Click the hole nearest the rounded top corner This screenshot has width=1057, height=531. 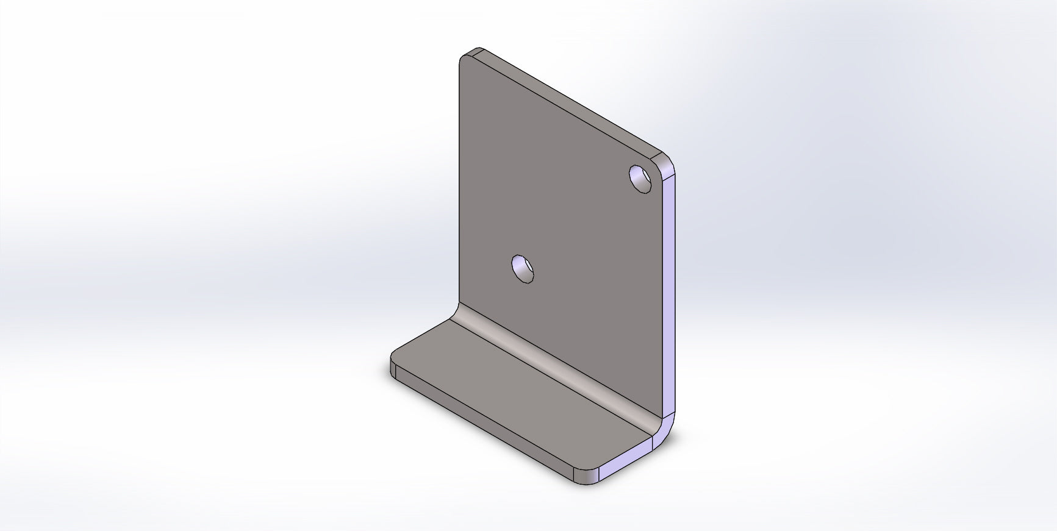pyautogui.click(x=642, y=179)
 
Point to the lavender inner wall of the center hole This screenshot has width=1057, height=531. pyautogui.click(x=520, y=266)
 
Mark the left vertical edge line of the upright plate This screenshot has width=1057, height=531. pyautogui.click(x=459, y=183)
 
